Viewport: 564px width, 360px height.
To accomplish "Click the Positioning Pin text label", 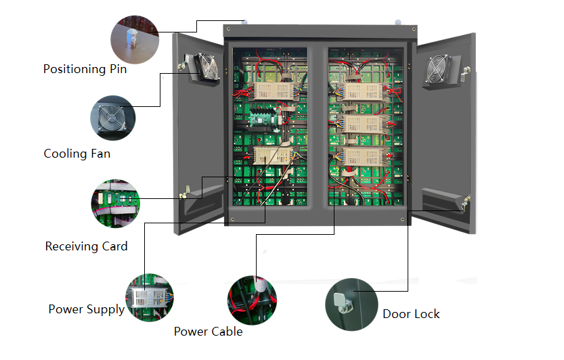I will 85,69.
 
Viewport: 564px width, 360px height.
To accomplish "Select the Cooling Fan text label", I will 77,154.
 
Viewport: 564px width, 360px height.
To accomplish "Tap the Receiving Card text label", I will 86,246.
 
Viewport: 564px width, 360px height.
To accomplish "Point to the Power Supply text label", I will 86,309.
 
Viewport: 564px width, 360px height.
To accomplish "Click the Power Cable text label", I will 208,332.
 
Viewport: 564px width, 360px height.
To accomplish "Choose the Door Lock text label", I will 411,314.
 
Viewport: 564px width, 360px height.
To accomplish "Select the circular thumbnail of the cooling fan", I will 112,118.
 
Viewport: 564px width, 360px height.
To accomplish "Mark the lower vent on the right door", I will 441,200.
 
